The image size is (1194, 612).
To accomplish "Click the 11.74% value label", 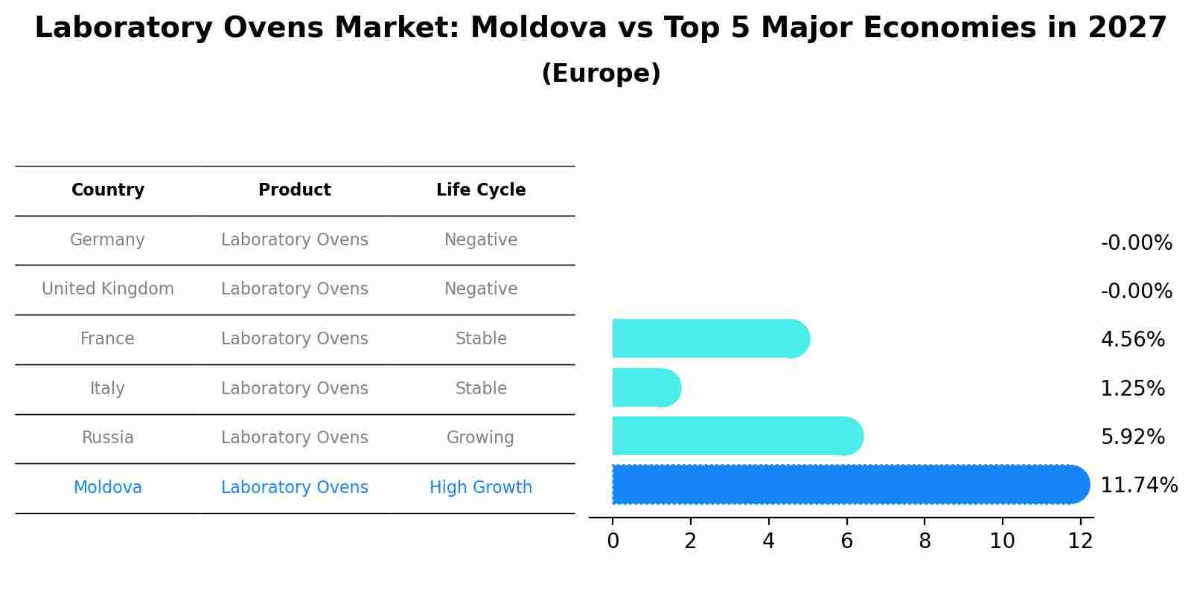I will click(x=1138, y=486).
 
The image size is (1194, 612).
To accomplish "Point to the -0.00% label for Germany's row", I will click(x=1136, y=243).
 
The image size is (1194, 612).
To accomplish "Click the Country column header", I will click(x=108, y=190).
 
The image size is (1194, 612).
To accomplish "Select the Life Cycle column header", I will click(x=481, y=190).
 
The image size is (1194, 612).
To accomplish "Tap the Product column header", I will click(x=295, y=190).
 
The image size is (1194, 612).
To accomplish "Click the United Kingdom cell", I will click(x=108, y=289).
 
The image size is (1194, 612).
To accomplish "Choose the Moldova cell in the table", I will click(x=108, y=488).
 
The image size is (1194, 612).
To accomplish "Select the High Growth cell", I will click(x=481, y=488).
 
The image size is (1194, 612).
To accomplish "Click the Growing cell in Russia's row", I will click(x=480, y=438).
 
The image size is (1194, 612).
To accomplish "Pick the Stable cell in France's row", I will click(x=481, y=339).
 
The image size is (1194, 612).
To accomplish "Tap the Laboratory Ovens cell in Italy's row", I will click(x=295, y=389).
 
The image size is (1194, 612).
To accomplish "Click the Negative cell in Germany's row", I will click(x=481, y=240).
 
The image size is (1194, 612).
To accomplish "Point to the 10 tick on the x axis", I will click(x=1002, y=541).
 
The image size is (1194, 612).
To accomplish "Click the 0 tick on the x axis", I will click(x=613, y=541).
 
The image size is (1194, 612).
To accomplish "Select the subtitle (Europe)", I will click(x=601, y=74).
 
